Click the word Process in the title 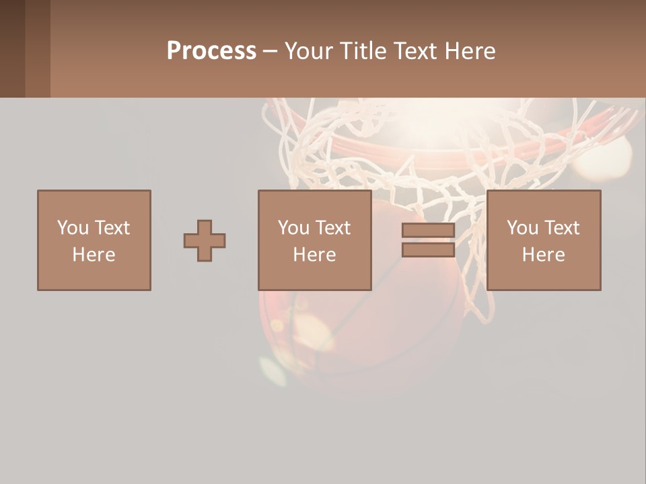click(211, 51)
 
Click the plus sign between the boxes click(205, 241)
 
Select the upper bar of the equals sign click(428, 231)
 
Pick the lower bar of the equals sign click(428, 250)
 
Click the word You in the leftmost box click(72, 228)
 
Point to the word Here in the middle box click(315, 255)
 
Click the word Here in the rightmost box click(544, 255)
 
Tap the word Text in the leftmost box click(111, 228)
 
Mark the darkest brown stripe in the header click(12, 48)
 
